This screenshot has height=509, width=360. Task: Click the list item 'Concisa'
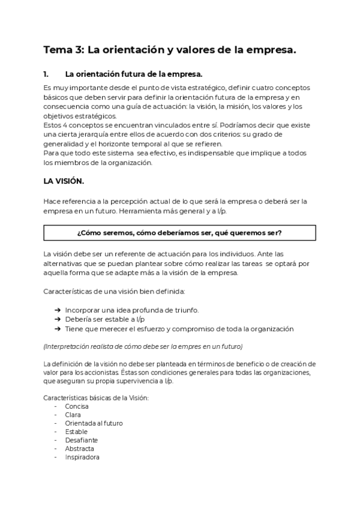[x=76, y=406]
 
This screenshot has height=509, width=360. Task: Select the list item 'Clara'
[x=73, y=415]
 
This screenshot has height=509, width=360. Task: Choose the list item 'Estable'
[x=76, y=432]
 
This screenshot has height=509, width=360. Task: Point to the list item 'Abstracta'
[x=80, y=448]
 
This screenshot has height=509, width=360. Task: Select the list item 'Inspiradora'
[x=82, y=457]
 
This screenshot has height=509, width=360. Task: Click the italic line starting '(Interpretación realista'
[x=143, y=347]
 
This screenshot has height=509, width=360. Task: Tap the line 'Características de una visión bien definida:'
[x=115, y=292]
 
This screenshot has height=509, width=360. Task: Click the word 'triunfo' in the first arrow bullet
[x=187, y=310]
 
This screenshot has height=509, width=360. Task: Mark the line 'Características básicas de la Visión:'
[x=96, y=398]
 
